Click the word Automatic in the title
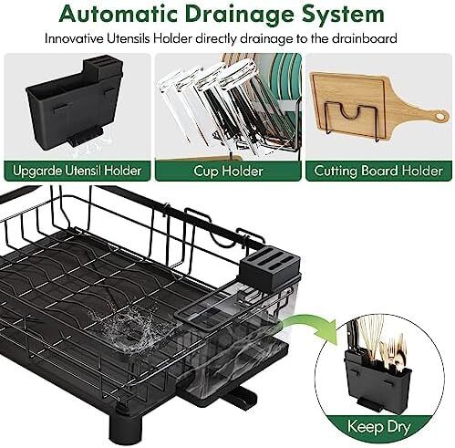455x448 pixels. (x=118, y=14)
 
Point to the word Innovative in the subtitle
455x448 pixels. (x=74, y=39)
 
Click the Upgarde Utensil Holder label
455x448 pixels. (x=78, y=171)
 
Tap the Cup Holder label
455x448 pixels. (x=228, y=171)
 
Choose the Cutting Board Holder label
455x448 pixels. (x=378, y=171)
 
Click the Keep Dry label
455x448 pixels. (x=379, y=426)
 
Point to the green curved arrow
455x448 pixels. (x=313, y=323)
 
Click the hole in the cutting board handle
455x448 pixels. (x=439, y=116)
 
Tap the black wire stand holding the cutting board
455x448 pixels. (x=353, y=121)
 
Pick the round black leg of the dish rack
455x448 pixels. (x=126, y=425)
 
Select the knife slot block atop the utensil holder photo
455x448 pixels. (x=103, y=68)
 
